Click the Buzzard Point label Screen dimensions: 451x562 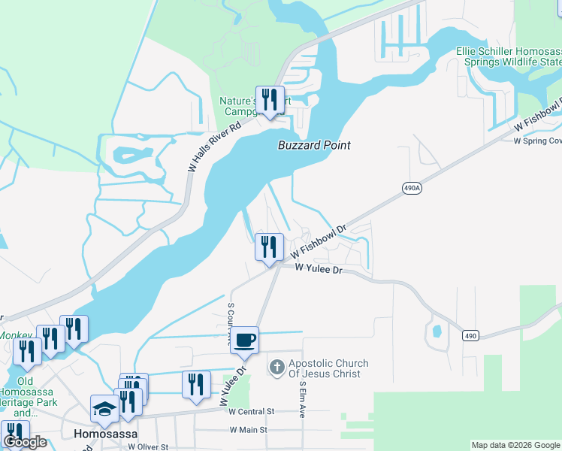[314, 145]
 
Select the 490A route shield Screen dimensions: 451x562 [411, 189]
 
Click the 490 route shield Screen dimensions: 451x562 [470, 335]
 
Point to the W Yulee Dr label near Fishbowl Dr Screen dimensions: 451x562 [319, 268]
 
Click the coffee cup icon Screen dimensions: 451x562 [244, 341]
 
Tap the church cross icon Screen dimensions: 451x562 [276, 368]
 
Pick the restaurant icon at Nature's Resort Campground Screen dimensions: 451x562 [270, 100]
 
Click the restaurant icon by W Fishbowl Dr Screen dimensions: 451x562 [269, 247]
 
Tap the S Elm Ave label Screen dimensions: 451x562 [303, 398]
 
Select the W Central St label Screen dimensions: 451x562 [252, 412]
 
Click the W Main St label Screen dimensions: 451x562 [248, 430]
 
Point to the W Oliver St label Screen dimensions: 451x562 [148, 446]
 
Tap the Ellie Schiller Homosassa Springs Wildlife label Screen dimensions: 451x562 [509, 56]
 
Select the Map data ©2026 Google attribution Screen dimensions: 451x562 [516, 445]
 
